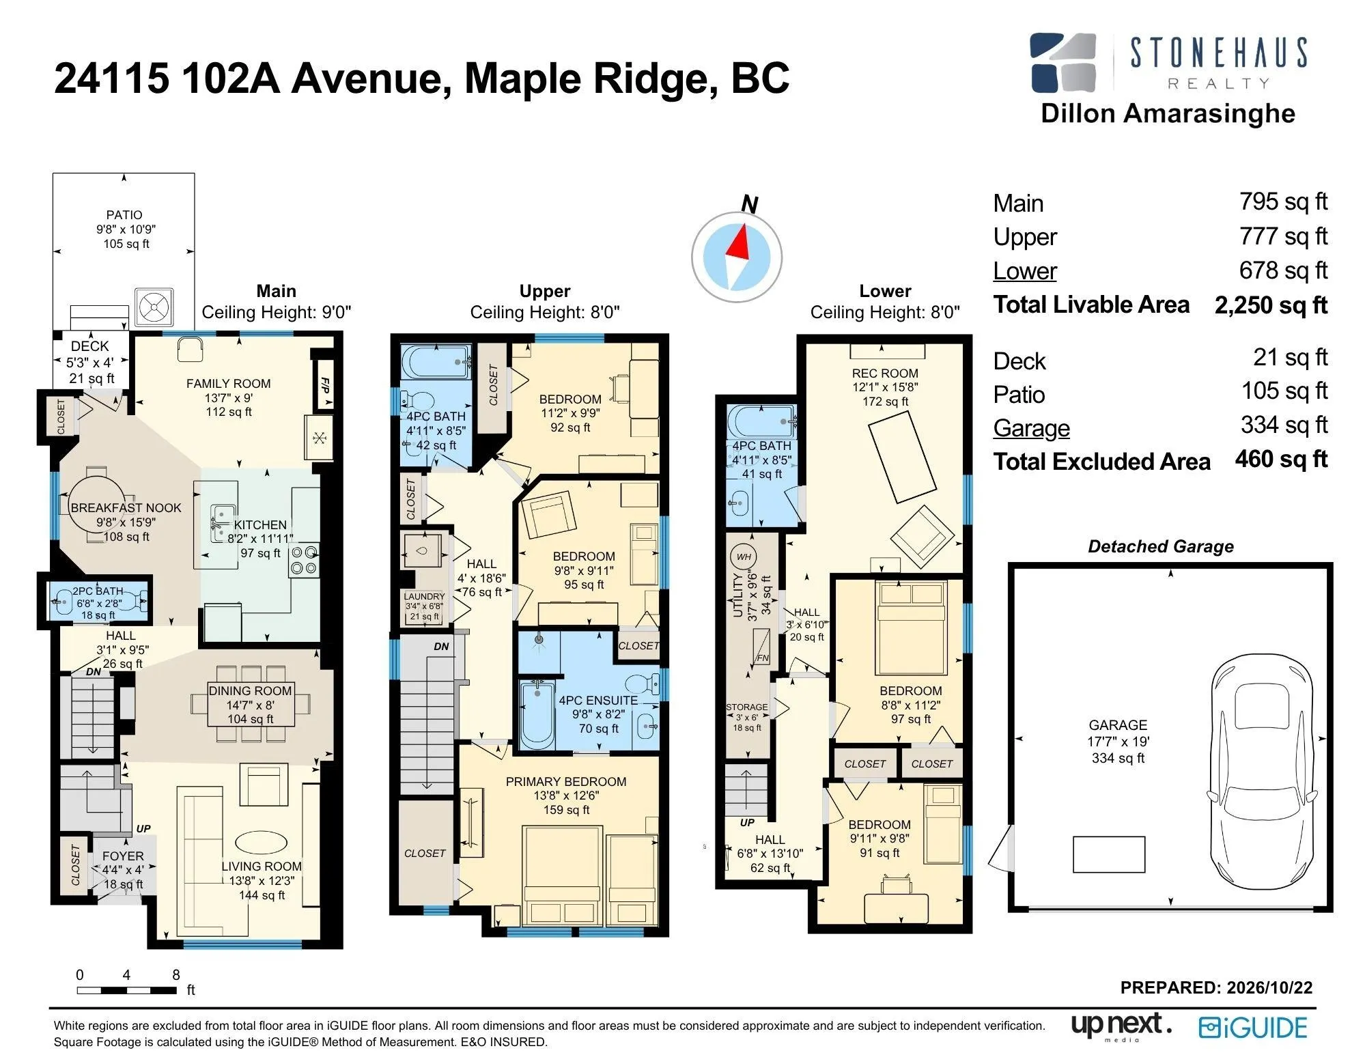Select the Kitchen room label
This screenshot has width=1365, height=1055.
click(260, 524)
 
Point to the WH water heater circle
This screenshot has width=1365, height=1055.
click(744, 557)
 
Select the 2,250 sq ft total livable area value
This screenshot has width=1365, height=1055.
click(1271, 305)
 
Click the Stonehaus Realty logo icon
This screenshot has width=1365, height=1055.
click(1063, 62)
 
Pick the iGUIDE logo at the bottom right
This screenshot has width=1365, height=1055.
click(1253, 1028)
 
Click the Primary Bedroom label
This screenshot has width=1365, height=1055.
click(565, 781)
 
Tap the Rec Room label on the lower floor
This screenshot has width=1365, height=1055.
click(884, 373)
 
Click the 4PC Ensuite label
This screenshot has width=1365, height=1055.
click(598, 700)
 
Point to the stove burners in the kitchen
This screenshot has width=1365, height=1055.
click(304, 560)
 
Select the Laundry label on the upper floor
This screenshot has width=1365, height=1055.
click(424, 596)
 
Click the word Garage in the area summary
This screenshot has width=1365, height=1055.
click(1031, 428)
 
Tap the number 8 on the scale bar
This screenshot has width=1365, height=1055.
click(175, 974)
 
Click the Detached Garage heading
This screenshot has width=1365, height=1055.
click(1161, 546)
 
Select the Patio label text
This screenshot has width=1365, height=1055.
click(124, 214)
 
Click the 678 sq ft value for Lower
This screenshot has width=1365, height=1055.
click(1283, 270)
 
